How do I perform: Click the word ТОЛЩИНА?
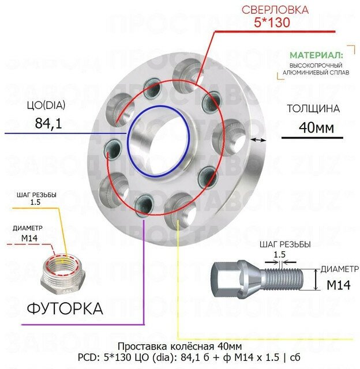tap(313, 108)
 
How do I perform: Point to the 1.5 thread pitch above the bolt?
tap(280, 254)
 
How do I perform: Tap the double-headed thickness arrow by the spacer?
tap(259, 140)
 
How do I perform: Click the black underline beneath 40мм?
tap(312, 138)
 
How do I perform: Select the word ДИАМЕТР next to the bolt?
tap(339, 268)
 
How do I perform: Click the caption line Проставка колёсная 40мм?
tap(179, 346)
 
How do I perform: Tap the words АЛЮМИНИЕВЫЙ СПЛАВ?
tap(316, 74)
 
